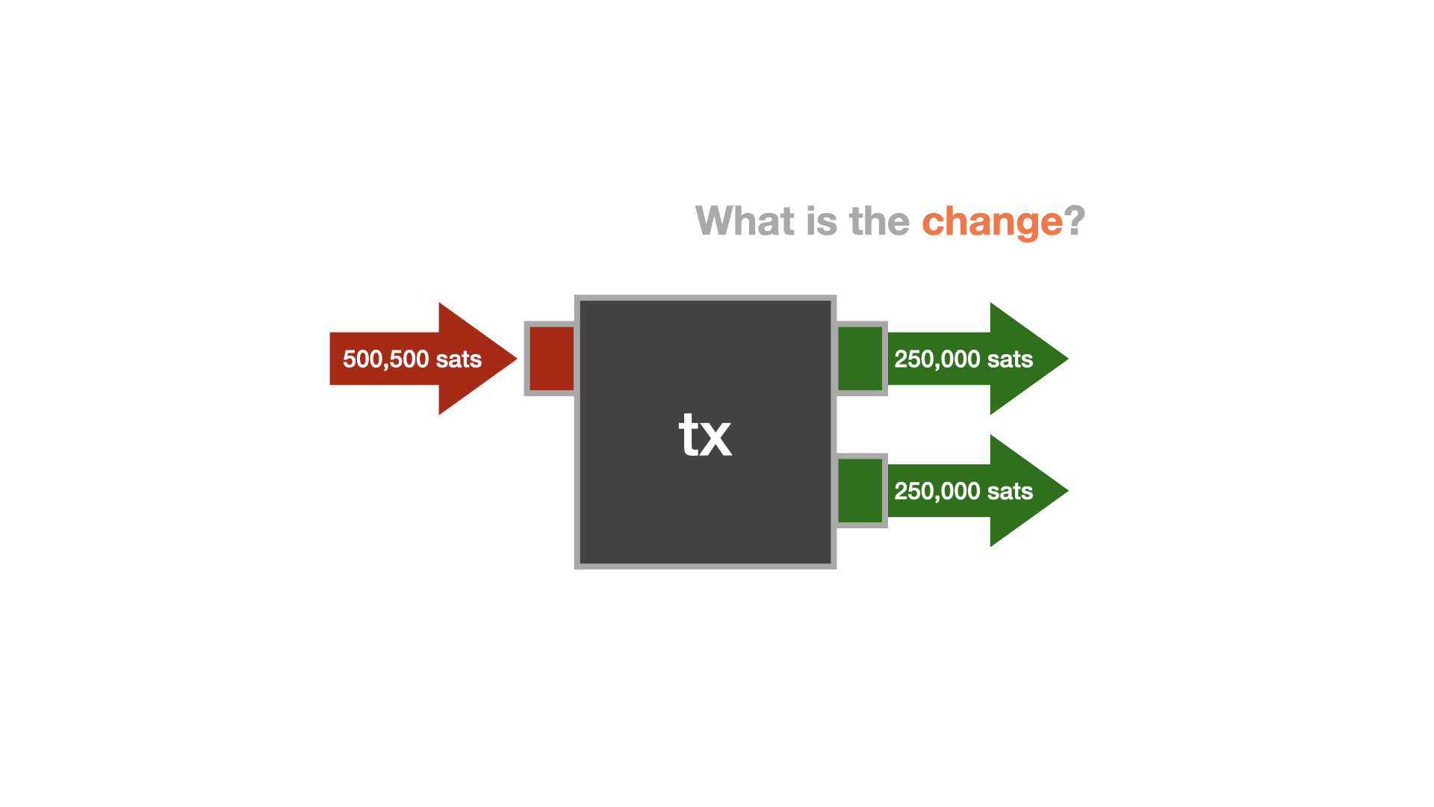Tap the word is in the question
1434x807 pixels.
tap(822, 221)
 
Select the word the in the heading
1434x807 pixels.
tap(879, 221)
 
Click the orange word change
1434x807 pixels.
tap(992, 223)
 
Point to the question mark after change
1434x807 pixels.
tap(1075, 221)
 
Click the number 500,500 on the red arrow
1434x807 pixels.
tap(385, 359)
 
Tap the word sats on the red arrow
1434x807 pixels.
tap(459, 359)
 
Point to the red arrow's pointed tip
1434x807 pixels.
tap(517, 359)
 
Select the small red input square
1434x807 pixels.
tap(551, 359)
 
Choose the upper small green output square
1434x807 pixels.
tap(860, 359)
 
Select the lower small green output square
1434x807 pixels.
tap(860, 491)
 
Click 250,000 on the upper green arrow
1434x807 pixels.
tap(937, 359)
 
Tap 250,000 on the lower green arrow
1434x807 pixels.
tap(937, 492)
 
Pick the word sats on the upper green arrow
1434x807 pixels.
tap(1010, 359)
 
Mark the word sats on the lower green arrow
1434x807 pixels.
tap(1010, 492)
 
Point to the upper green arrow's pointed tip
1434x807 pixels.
tap(1068, 359)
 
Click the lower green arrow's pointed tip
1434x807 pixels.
tap(1068, 491)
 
